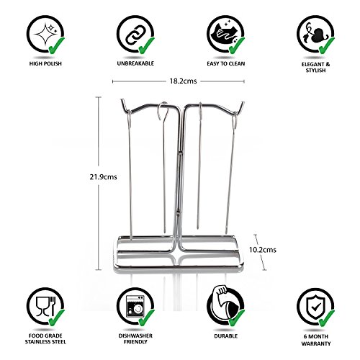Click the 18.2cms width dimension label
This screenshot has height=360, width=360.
(183, 81)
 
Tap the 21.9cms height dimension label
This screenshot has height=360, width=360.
(103, 177)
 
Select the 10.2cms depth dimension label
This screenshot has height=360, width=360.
(263, 250)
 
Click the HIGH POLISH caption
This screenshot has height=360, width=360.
(45, 63)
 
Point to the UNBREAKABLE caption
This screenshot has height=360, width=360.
(135, 63)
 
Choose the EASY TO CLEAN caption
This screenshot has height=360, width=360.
(226, 63)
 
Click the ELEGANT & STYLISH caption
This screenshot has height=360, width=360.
(315, 67)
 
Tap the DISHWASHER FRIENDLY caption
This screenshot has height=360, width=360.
(135, 338)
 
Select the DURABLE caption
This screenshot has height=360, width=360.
(226, 336)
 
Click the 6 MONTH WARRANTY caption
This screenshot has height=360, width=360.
(316, 340)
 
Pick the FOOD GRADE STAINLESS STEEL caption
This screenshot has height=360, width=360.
(45, 338)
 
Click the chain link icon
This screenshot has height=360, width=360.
(134, 35)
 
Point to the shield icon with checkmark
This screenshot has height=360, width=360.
(316, 307)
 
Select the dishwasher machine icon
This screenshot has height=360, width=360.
(135, 306)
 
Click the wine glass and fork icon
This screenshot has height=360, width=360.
(45, 306)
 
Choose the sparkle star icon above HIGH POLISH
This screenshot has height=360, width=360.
(45, 34)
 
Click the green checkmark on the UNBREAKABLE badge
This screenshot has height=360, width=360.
(146, 45)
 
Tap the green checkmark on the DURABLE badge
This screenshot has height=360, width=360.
(237, 318)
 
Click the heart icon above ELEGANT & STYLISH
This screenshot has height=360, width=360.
(319, 35)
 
